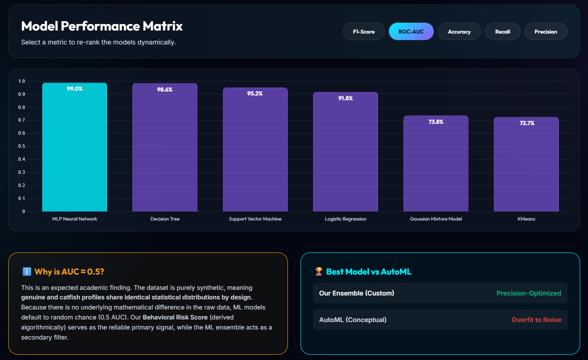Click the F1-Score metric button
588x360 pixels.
[x=364, y=31]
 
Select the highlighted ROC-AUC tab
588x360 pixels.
[x=411, y=31]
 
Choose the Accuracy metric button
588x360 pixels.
[x=459, y=31]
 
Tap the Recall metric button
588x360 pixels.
[x=503, y=31]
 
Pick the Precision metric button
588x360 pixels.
[x=546, y=31]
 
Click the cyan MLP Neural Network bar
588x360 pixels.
[x=74, y=147]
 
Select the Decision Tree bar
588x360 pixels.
[x=165, y=147]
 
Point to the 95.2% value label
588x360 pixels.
[x=255, y=93]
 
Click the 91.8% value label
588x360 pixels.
[x=345, y=98]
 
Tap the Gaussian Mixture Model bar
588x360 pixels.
[x=436, y=163]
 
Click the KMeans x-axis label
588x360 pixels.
[x=526, y=219]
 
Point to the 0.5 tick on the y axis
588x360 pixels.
[x=21, y=146]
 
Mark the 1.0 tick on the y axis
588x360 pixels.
[x=21, y=81]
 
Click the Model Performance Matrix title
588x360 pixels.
[x=102, y=26]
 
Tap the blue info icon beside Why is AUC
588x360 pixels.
[x=27, y=272]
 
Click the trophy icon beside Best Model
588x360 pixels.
[x=319, y=272]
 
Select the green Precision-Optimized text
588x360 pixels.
[x=529, y=293]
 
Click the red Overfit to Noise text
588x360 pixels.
[x=536, y=319]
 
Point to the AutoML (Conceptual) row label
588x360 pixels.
[x=353, y=319]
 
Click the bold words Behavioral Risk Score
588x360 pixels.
[x=175, y=317]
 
